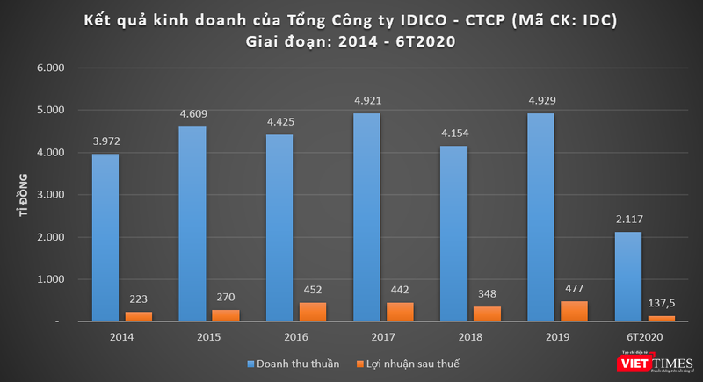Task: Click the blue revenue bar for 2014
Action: pyautogui.click(x=105, y=237)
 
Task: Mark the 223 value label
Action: pyautogui.click(x=138, y=297)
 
